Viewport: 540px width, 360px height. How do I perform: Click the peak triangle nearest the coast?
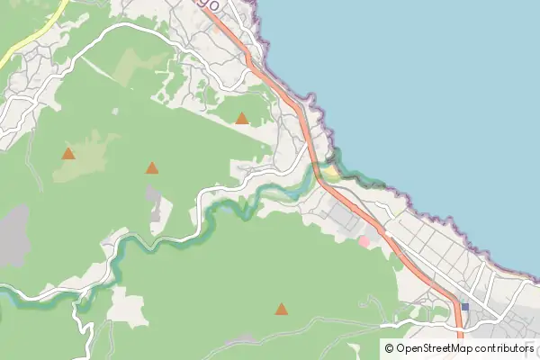pyautogui.click(x=241, y=118)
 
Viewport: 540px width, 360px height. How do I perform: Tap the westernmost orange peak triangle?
pyautogui.click(x=68, y=153)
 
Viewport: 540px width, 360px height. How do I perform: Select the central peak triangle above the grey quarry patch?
pyautogui.click(x=151, y=167)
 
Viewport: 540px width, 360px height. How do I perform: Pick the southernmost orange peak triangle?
pyautogui.click(x=282, y=310)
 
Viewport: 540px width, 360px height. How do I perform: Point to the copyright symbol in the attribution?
pyautogui.click(x=389, y=347)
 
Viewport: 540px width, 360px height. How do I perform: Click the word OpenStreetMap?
pyautogui.click(x=435, y=347)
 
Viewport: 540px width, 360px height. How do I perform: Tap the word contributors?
pyautogui.click(x=505, y=347)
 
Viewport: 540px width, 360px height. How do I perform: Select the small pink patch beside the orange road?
pyautogui.click(x=364, y=240)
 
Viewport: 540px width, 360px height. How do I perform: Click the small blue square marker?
pyautogui.click(x=464, y=307)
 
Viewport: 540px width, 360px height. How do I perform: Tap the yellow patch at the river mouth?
pyautogui.click(x=331, y=171)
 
